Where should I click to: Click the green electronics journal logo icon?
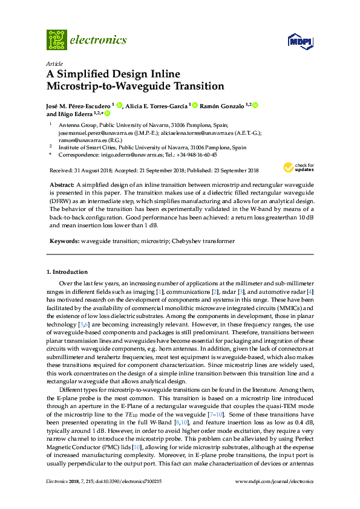(56, 40)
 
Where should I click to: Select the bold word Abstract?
(62, 183)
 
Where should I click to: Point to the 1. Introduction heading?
(67, 272)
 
